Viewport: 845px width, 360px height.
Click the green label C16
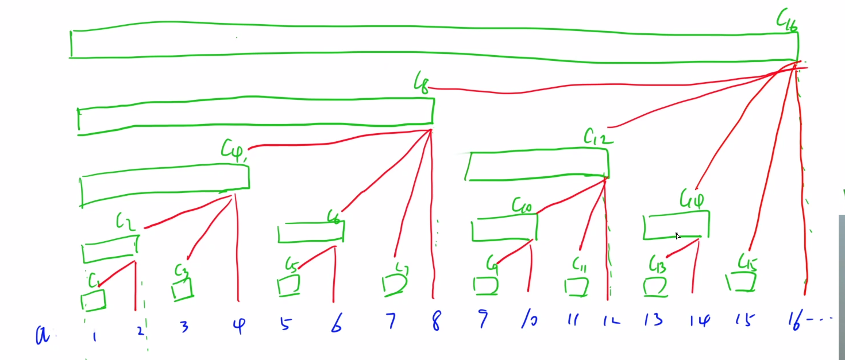coord(786,22)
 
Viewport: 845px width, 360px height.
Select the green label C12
coord(598,136)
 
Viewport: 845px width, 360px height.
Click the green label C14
coord(692,199)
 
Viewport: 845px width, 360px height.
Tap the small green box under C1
coord(93,300)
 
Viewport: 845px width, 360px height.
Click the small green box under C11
coord(576,287)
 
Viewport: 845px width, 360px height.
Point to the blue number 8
coord(436,323)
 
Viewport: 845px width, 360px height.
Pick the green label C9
coord(492,264)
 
